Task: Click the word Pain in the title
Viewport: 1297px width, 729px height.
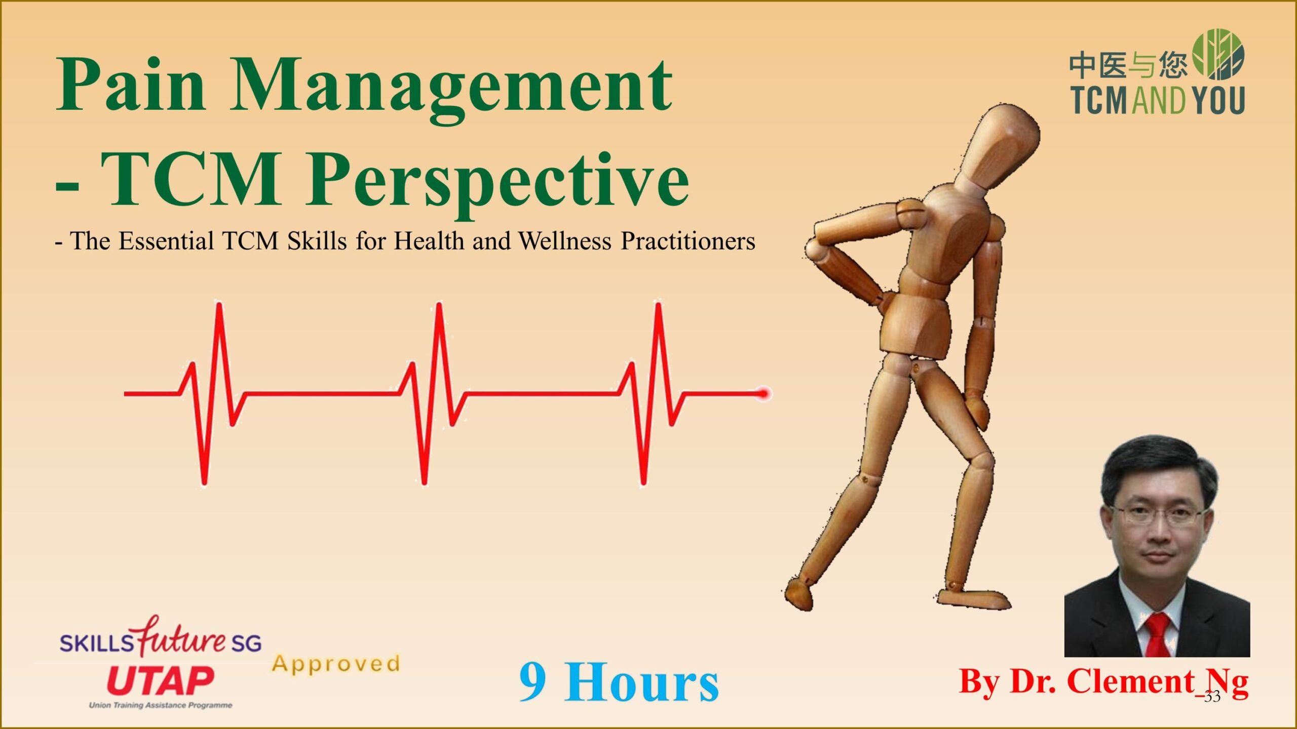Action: coord(130,84)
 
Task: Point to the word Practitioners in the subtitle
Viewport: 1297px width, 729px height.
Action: coord(688,241)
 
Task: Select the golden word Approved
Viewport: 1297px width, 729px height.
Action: coord(335,664)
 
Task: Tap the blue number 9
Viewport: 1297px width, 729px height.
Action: coord(533,681)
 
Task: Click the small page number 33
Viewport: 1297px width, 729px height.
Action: coord(1212,697)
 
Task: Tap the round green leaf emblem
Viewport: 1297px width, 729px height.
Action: coord(1218,54)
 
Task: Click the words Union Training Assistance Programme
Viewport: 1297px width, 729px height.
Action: coord(160,705)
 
